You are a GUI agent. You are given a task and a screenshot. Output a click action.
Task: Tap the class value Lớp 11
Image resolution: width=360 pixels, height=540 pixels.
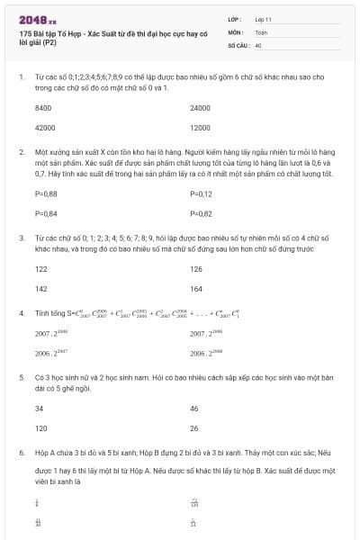tap(264, 19)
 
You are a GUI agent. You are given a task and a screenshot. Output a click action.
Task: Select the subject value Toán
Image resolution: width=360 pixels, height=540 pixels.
tap(262, 31)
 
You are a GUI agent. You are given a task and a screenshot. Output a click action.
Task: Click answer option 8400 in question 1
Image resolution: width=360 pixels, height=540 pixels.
tap(42, 108)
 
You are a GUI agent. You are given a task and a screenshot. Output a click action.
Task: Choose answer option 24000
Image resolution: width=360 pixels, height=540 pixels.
tap(201, 108)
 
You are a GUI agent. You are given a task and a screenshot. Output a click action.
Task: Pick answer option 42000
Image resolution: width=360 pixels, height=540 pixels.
tap(44, 128)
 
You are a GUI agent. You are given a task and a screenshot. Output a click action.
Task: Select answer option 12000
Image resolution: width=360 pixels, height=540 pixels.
tap(201, 128)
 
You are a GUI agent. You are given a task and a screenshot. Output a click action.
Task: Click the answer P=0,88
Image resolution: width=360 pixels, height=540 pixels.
tap(45, 193)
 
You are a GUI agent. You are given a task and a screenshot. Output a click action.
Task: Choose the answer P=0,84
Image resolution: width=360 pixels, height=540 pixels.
tap(45, 213)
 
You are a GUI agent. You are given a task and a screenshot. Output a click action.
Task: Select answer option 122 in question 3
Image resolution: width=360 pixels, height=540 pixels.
tap(40, 269)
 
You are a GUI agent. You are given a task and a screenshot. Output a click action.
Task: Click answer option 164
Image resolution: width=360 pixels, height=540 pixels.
tap(196, 289)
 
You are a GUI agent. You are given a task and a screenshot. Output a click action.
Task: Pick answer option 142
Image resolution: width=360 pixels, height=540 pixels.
tap(40, 289)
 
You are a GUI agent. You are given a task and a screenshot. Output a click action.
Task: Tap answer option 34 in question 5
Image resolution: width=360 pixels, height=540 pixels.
tap(39, 409)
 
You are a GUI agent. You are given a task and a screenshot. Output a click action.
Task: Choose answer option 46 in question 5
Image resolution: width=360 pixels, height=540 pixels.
tap(194, 409)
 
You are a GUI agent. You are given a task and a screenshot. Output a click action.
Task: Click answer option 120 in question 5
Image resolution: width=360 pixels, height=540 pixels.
tap(40, 428)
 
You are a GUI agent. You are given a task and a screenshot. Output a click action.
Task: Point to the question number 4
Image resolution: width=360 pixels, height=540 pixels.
tap(21, 313)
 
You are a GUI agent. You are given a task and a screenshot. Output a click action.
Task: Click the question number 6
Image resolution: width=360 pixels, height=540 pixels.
tap(21, 454)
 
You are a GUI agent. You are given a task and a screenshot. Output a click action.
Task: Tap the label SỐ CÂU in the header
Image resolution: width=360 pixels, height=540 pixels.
tap(238, 44)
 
